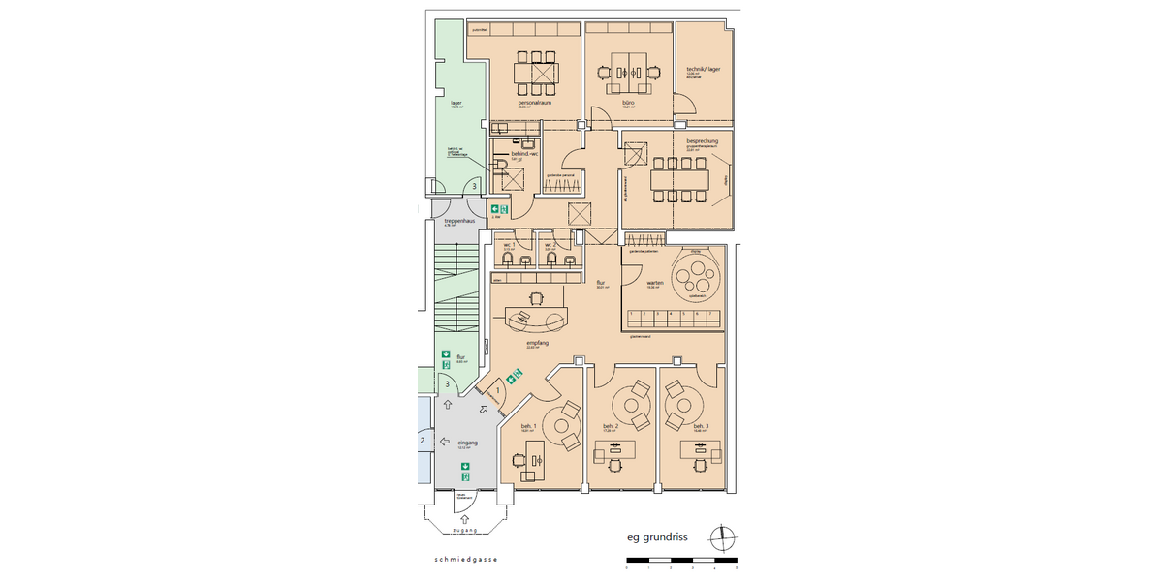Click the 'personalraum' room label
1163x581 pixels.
tap(535, 101)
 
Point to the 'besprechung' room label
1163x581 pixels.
tap(701, 141)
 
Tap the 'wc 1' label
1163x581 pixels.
tap(508, 244)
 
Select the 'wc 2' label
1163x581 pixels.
tap(550, 244)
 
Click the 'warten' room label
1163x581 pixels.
tap(654, 283)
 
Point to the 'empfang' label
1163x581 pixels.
tap(539, 343)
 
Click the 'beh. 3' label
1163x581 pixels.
tap(701, 426)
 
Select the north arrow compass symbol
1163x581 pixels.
tap(722, 535)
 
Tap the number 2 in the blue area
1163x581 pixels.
tap(422, 441)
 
